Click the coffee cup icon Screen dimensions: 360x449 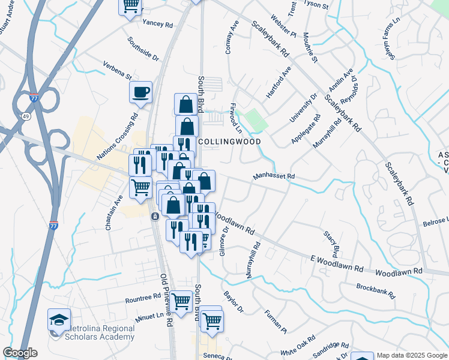[x=141, y=92]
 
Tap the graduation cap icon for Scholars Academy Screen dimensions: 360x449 [x=59, y=319]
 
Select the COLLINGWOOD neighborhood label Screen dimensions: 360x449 [x=229, y=142]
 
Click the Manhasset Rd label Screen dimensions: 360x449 [x=274, y=176]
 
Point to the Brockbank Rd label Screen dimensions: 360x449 [x=375, y=291]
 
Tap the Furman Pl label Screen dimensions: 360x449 [x=275, y=321]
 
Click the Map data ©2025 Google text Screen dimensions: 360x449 [x=411, y=355]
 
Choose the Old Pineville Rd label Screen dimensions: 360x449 [x=166, y=300]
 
